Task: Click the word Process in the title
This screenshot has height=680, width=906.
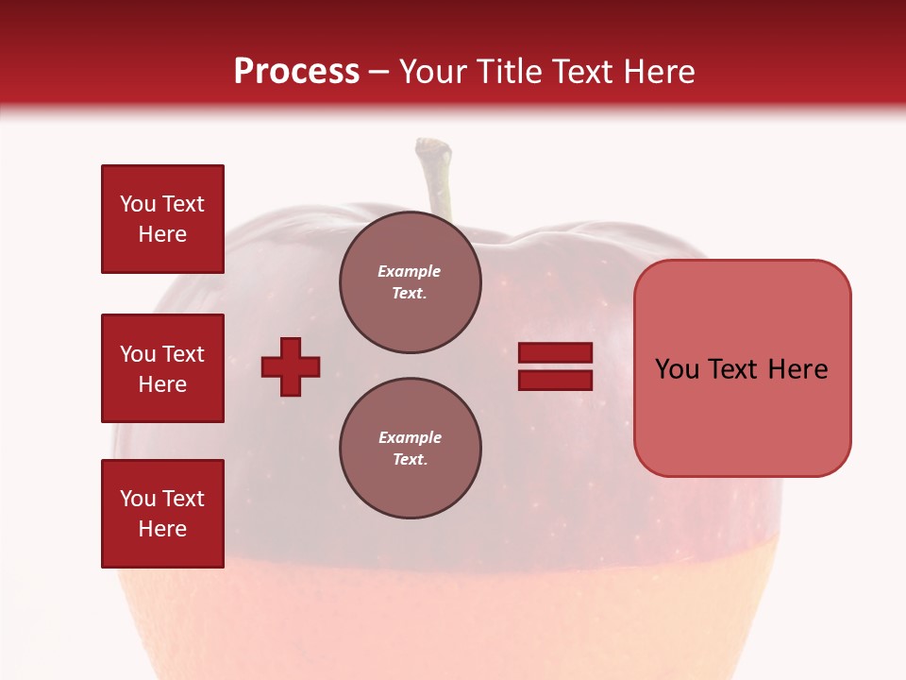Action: (296, 72)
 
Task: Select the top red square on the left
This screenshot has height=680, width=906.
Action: (162, 219)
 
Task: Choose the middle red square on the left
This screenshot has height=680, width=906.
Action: (162, 368)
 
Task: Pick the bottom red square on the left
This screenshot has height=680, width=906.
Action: (162, 514)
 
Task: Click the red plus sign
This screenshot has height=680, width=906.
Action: (291, 366)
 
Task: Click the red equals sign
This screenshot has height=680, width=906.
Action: (555, 366)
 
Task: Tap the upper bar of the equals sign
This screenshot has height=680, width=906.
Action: (555, 353)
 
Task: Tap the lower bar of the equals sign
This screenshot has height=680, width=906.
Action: (555, 380)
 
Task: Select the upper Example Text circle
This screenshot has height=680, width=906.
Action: (410, 282)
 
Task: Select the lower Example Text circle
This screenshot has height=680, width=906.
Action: (410, 449)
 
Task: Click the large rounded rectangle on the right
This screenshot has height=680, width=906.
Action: (742, 368)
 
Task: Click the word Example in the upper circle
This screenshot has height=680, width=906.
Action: (410, 271)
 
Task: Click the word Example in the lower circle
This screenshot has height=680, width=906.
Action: (410, 437)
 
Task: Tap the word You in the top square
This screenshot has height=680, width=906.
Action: (138, 204)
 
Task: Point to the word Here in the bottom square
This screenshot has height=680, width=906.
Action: (162, 529)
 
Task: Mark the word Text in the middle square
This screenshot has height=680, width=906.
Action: (183, 354)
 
